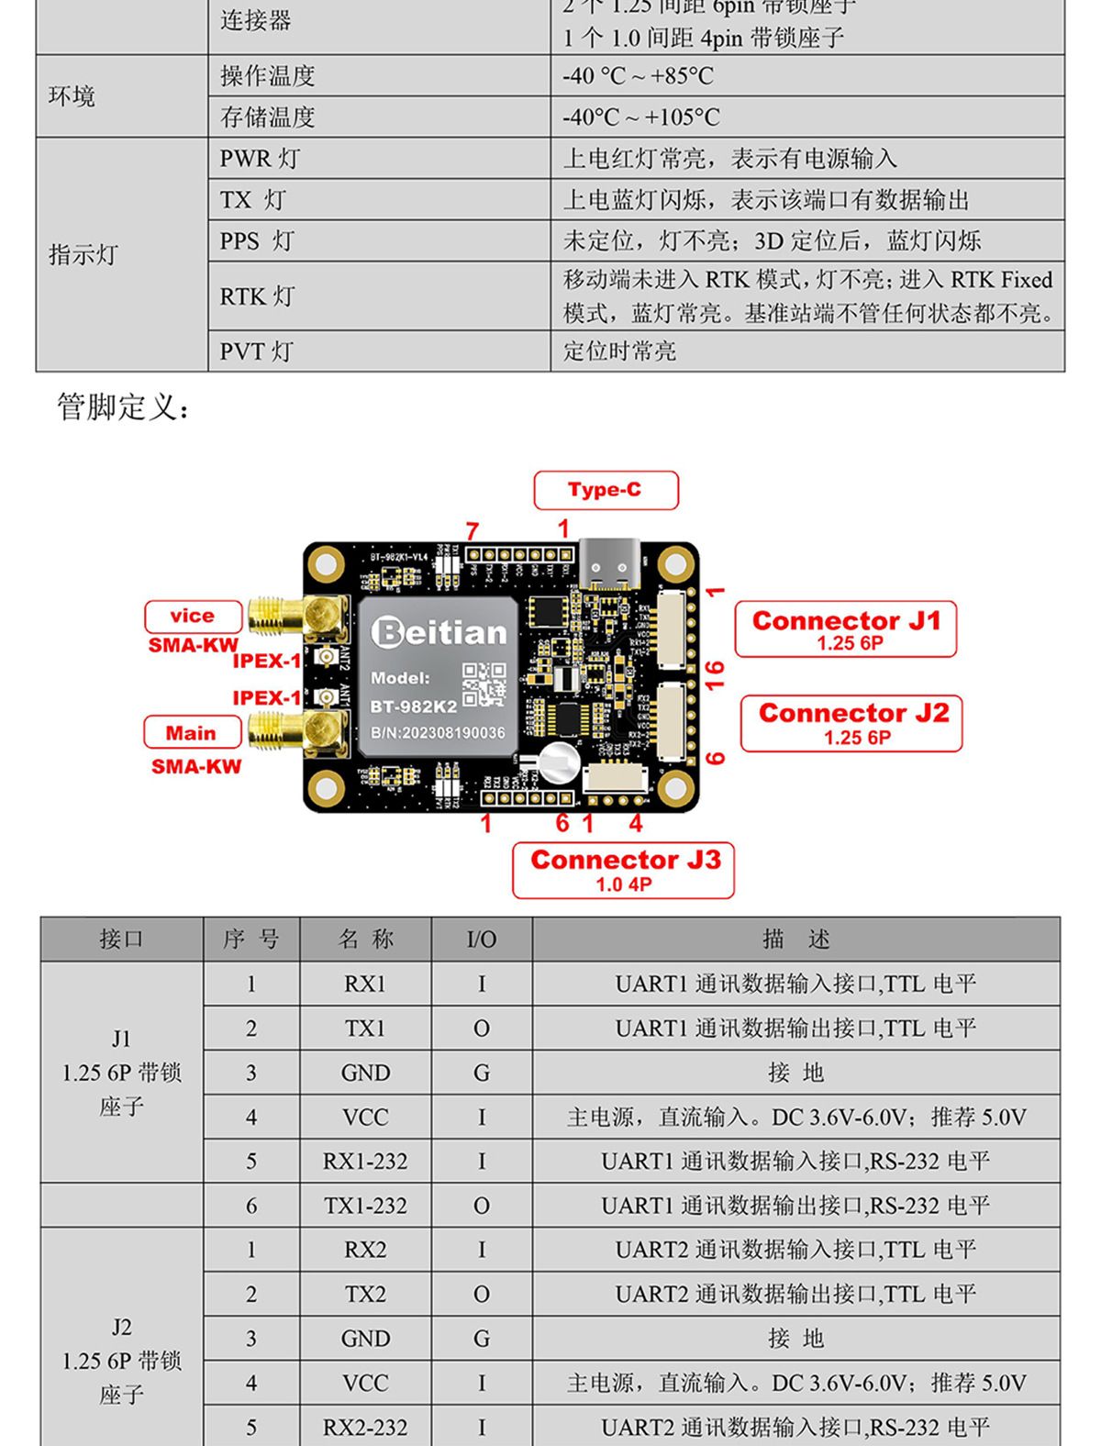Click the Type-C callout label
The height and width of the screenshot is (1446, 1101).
606,490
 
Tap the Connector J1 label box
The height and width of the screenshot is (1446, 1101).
846,629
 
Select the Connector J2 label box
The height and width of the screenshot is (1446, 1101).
852,723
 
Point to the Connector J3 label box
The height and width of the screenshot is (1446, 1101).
624,870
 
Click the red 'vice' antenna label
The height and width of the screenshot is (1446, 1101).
193,617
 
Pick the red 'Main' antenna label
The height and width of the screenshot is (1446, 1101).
192,733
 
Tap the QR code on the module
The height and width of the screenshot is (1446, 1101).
484,684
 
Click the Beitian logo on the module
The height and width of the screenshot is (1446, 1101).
439,632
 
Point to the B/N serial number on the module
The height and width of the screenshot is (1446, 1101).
438,733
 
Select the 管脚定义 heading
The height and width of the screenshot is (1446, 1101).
124,406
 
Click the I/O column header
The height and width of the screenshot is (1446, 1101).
482,940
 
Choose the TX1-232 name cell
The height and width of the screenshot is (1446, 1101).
365,1206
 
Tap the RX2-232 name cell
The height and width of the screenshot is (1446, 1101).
365,1428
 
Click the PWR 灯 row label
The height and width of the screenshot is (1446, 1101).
260,159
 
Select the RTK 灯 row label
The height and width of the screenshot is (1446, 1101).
257,296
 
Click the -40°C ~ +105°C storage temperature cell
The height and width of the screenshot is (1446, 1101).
641,117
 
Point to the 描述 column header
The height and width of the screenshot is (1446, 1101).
795,940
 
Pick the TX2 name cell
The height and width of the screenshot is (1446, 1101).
365,1295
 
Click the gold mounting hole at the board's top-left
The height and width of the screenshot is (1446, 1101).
326,562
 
